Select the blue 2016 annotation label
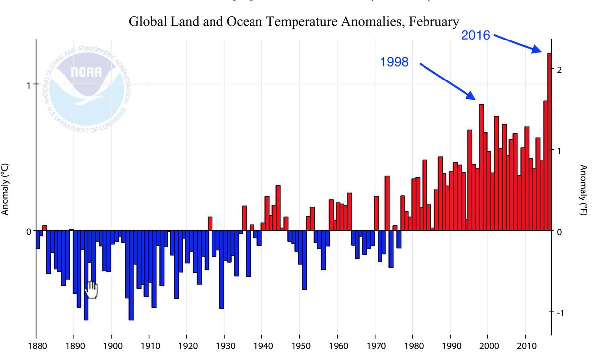(475, 35)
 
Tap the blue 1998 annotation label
(394, 62)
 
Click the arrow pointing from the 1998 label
(447, 81)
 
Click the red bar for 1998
(481, 168)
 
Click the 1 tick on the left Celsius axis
(29, 84)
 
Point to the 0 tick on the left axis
(29, 231)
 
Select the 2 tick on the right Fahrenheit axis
(558, 69)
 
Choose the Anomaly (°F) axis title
(583, 190)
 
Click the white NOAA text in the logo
(86, 72)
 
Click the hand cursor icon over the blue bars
(91, 290)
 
